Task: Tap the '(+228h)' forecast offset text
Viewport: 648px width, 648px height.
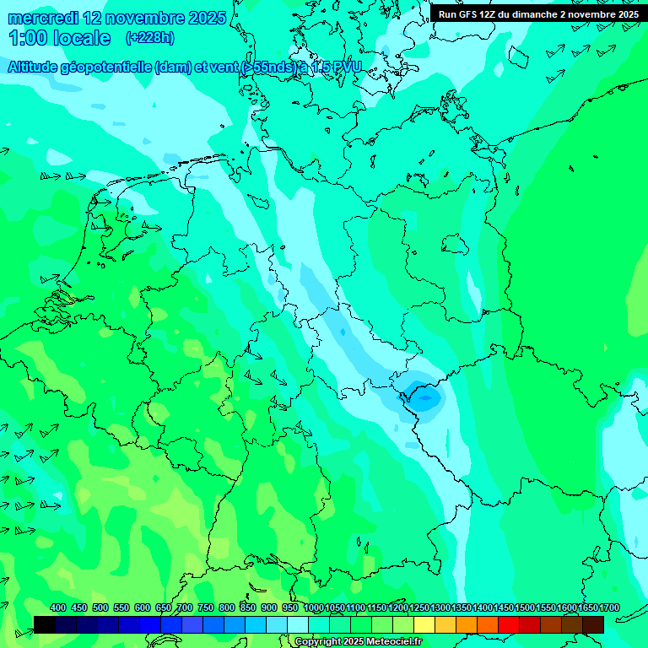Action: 150,37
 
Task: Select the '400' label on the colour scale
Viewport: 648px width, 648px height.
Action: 58,607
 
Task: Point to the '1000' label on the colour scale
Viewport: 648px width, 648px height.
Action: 314,607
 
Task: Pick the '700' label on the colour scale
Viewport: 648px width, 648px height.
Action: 185,607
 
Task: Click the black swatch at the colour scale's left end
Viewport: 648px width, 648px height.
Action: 45,624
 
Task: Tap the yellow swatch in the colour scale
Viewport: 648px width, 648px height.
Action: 424,624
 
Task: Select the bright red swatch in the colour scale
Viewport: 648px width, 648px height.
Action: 509,624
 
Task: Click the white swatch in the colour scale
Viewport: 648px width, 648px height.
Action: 298,624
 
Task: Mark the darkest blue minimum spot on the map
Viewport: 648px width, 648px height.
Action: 422,393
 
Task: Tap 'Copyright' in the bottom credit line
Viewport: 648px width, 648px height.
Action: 317,642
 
